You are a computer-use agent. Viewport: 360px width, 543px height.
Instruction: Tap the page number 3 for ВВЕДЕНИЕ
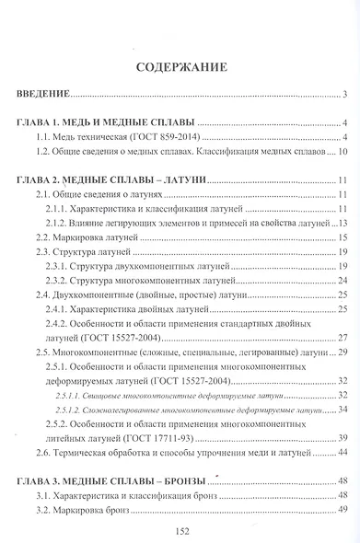click(343, 94)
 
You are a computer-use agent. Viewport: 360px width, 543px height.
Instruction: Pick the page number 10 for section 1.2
click(341, 152)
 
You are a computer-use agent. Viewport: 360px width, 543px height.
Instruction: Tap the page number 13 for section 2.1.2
click(341, 224)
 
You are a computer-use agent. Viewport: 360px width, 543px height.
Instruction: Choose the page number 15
click(341, 237)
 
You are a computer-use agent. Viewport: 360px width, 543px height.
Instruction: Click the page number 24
click(341, 280)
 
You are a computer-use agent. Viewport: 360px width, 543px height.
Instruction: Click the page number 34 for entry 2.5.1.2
click(341, 407)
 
